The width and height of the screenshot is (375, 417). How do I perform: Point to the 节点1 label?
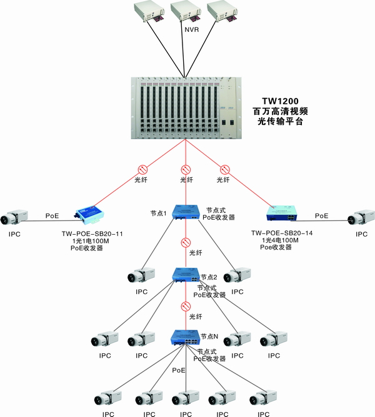158,213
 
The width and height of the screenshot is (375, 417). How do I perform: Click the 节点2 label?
209,277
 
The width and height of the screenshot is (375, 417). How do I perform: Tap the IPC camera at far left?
16,218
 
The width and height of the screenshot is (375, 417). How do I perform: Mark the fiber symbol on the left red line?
142,169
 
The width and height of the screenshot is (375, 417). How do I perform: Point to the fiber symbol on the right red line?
225,169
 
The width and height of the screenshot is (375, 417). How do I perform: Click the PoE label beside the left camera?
52,215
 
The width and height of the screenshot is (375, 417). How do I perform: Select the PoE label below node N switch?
179,370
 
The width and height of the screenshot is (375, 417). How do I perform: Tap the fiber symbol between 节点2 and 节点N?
185,306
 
